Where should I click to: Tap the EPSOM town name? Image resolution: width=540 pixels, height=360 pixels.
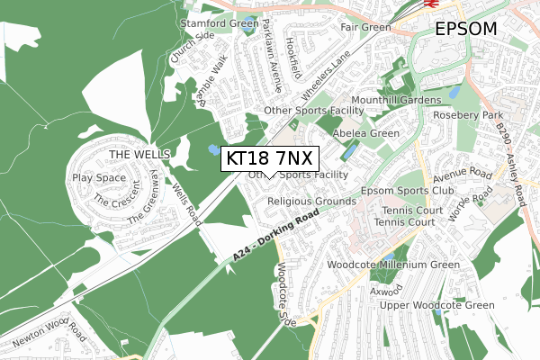(465, 29)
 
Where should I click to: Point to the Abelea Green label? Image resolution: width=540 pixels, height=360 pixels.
(366, 133)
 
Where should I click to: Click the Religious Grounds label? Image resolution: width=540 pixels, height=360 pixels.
(311, 202)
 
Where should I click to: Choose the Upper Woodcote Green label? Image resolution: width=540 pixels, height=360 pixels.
(436, 306)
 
